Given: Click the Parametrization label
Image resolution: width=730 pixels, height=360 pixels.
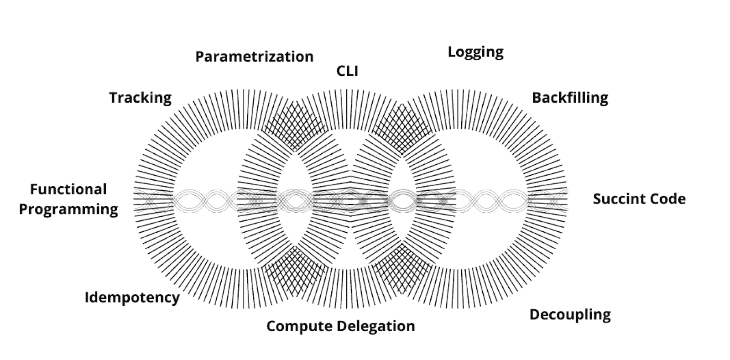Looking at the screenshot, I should (x=254, y=57).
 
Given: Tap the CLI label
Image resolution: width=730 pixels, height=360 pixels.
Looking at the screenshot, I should (x=347, y=71).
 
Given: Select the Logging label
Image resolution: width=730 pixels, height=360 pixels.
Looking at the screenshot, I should (x=475, y=52).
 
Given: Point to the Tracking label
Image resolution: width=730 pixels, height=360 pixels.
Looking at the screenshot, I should (x=141, y=98).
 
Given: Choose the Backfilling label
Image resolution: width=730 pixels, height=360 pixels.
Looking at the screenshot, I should (x=570, y=98).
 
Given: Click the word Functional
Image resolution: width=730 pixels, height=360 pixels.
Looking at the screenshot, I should (x=68, y=189).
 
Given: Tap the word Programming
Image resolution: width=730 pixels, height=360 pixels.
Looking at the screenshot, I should (x=68, y=209).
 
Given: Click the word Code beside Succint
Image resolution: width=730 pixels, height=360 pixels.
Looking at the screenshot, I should (x=669, y=199).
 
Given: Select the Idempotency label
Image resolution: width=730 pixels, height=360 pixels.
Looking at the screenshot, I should (x=132, y=297).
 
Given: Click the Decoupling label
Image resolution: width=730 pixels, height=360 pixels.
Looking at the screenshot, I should (x=570, y=314).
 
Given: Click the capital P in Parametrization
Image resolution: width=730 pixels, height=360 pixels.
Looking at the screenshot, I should (x=199, y=57).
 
